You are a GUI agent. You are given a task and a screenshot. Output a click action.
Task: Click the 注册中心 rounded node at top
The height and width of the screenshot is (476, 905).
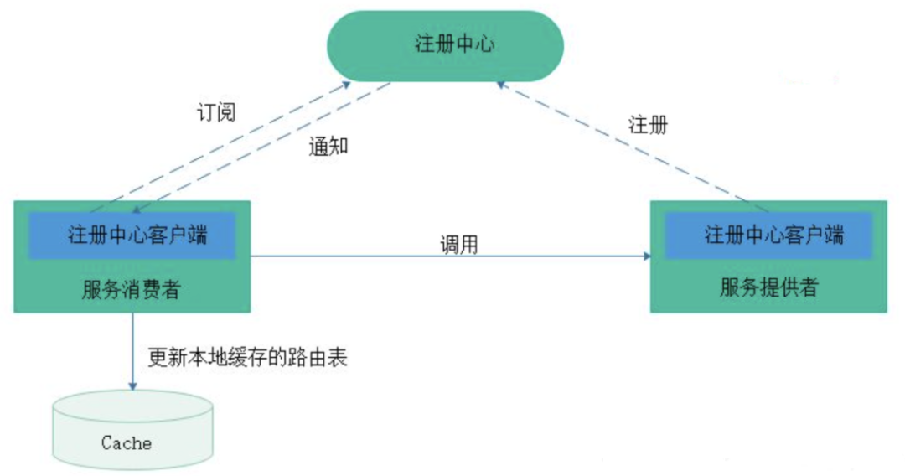pos(453,44)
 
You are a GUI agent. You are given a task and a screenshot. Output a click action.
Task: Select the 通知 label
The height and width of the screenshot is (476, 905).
pos(328,147)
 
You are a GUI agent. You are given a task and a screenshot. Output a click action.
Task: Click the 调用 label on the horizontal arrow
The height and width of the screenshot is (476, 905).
pos(459,245)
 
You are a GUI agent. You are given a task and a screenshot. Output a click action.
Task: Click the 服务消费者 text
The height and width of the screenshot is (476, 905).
pos(132,289)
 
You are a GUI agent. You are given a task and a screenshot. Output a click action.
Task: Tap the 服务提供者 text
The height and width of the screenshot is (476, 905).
pos(768,289)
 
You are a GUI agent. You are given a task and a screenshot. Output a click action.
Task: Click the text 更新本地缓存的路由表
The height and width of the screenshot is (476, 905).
pos(247,358)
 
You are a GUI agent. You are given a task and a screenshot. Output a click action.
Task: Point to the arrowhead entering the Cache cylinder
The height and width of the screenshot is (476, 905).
pos(132,385)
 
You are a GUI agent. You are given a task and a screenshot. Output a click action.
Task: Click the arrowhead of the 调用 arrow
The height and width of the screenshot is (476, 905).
pos(647,256)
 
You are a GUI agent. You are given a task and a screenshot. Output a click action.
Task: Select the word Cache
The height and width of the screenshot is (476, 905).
pos(127,442)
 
